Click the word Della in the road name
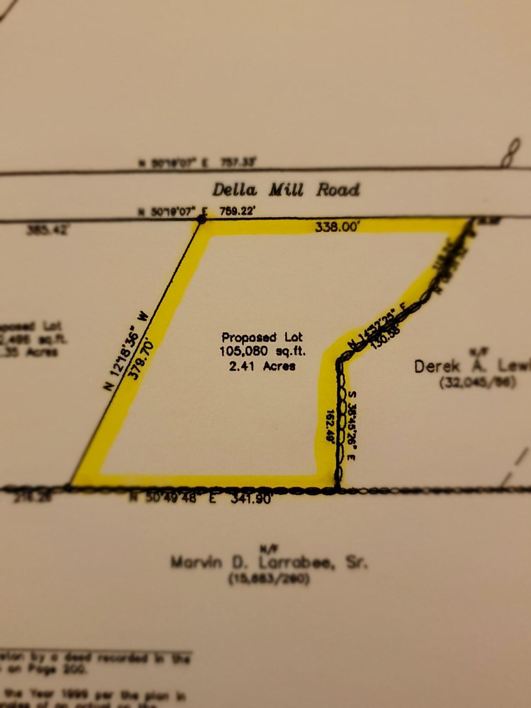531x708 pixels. click(x=234, y=190)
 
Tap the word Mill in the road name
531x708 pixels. click(x=286, y=190)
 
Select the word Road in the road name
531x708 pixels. click(x=338, y=189)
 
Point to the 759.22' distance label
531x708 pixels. click(x=237, y=211)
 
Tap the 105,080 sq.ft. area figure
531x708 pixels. click(x=262, y=351)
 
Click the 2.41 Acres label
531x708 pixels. click(x=262, y=366)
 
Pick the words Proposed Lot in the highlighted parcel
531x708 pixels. click(x=262, y=337)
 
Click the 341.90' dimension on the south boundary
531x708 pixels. click(x=251, y=498)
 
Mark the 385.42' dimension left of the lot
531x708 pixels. click(x=47, y=230)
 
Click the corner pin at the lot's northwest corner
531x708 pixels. click(x=201, y=219)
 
